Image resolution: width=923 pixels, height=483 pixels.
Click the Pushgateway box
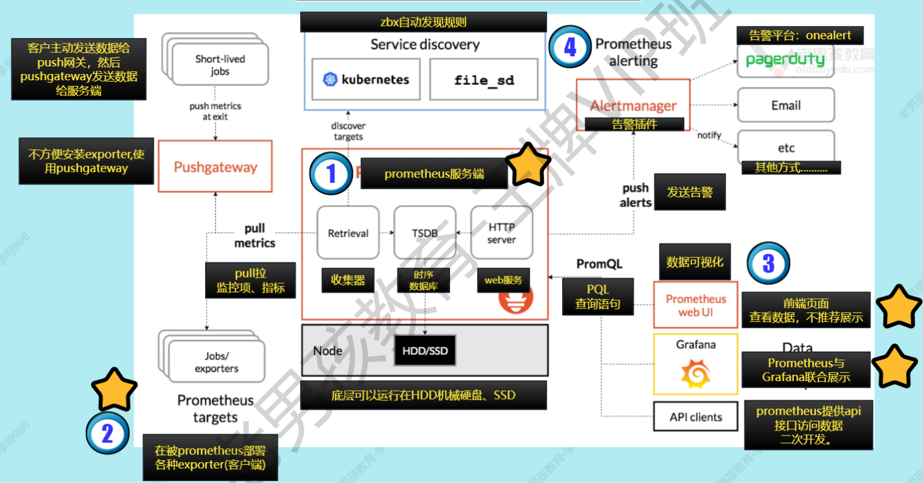(x=215, y=167)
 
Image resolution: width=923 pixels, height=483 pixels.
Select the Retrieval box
(x=348, y=233)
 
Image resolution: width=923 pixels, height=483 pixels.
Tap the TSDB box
(x=425, y=233)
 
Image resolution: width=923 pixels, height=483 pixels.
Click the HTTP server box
(x=501, y=233)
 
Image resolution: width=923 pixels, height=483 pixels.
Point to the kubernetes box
(x=366, y=80)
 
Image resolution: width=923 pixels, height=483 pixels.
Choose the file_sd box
(x=484, y=80)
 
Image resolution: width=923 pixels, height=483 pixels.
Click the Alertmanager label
(x=633, y=106)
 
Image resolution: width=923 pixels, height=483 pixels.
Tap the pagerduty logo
(x=785, y=60)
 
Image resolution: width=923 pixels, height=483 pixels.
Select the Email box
(x=786, y=105)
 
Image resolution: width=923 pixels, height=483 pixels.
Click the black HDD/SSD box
(x=425, y=350)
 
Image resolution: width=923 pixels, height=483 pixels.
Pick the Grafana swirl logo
(x=696, y=375)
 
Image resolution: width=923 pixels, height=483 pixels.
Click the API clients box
(x=696, y=417)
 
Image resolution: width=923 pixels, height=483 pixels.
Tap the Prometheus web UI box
(x=696, y=305)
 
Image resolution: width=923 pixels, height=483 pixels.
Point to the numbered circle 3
(x=769, y=263)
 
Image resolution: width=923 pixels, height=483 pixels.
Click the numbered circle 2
(x=108, y=434)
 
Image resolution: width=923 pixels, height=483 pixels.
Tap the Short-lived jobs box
(x=219, y=65)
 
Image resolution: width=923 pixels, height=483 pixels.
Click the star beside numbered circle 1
(x=529, y=164)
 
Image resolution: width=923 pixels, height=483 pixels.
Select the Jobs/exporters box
(x=216, y=362)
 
